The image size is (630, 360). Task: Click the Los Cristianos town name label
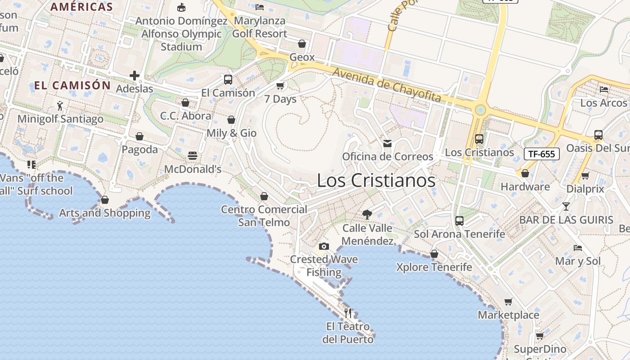click(x=376, y=180)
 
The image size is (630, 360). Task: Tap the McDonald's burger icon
click(x=193, y=156)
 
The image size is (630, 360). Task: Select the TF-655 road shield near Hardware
click(x=542, y=154)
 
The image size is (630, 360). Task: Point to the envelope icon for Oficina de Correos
click(x=387, y=144)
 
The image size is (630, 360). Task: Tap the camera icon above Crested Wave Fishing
click(x=324, y=246)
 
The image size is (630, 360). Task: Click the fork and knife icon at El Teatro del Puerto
click(x=348, y=313)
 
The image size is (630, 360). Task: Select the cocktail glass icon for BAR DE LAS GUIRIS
click(x=566, y=207)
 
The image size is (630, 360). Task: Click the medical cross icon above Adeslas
click(x=135, y=75)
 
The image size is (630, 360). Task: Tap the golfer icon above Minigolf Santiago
click(x=60, y=106)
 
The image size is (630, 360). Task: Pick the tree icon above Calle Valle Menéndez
click(x=367, y=214)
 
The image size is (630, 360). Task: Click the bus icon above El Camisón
click(x=228, y=80)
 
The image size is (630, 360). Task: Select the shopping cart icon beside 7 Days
click(x=280, y=85)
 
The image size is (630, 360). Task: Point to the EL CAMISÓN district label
click(x=72, y=85)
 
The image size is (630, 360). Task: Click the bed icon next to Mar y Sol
click(x=578, y=247)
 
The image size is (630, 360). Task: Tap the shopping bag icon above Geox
click(x=302, y=44)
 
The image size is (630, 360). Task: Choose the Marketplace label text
click(x=508, y=315)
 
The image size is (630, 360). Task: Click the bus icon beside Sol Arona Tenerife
click(x=459, y=220)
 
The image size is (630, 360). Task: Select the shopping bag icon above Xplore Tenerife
click(x=434, y=254)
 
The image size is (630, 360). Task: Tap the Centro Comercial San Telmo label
click(x=264, y=216)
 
